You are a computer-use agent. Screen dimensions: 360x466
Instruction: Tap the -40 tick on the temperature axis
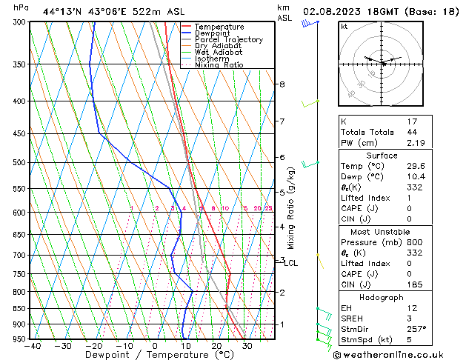pos(32,345)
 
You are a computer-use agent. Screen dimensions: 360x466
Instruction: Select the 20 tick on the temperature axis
pos(216,345)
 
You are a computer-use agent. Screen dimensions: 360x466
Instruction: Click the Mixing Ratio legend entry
pos(219,64)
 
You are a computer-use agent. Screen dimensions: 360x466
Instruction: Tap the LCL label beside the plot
pos(290,263)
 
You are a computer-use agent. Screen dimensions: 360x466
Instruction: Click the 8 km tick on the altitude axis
pos(282,84)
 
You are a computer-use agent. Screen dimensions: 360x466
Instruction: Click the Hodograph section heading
pos(382,296)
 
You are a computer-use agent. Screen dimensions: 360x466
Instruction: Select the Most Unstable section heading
pos(382,231)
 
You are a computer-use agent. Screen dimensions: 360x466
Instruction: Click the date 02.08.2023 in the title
pos(333,11)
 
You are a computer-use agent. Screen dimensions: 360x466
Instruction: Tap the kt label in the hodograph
pos(344,26)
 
